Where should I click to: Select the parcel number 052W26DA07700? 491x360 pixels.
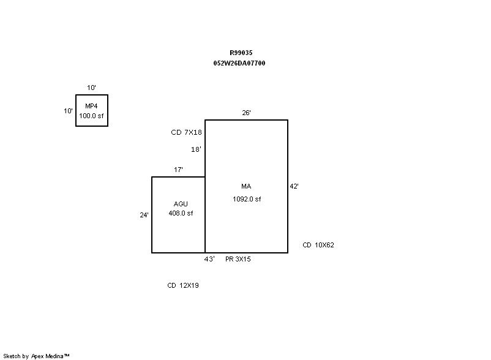239,63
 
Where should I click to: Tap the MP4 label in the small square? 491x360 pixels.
92,107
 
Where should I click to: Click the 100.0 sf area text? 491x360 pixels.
92,115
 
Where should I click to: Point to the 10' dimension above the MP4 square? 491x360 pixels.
91,88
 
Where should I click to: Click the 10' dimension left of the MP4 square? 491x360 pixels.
69,111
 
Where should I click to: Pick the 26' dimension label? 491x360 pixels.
246,113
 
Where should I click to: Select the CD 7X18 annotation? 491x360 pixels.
187,132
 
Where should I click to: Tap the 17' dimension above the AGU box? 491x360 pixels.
178,170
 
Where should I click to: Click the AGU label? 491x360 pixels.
181,204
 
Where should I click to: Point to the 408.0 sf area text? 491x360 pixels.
181,213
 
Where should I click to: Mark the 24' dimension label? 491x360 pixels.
144,215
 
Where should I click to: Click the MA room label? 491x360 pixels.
246,186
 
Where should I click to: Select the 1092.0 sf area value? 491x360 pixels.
246,199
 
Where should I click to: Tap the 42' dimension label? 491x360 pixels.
294,186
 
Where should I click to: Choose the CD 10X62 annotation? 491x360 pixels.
318,245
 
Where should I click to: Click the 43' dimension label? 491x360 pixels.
209,259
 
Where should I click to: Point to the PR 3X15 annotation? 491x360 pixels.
238,259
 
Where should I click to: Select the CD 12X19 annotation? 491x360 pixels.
183,285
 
